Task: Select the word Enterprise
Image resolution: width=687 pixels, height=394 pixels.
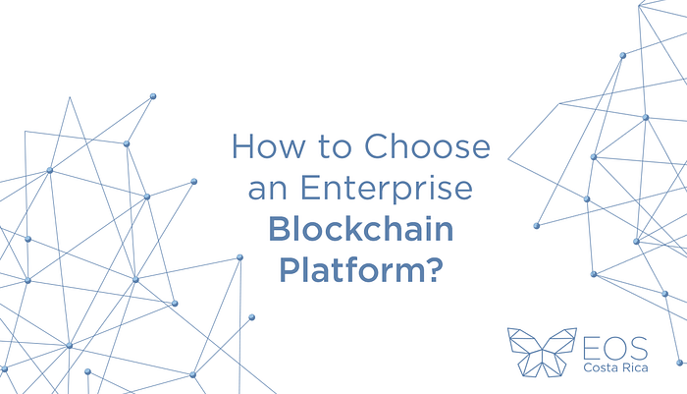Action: (382, 189)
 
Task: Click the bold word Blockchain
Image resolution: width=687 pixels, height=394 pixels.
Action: (360, 229)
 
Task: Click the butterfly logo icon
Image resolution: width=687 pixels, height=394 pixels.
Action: (538, 352)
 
